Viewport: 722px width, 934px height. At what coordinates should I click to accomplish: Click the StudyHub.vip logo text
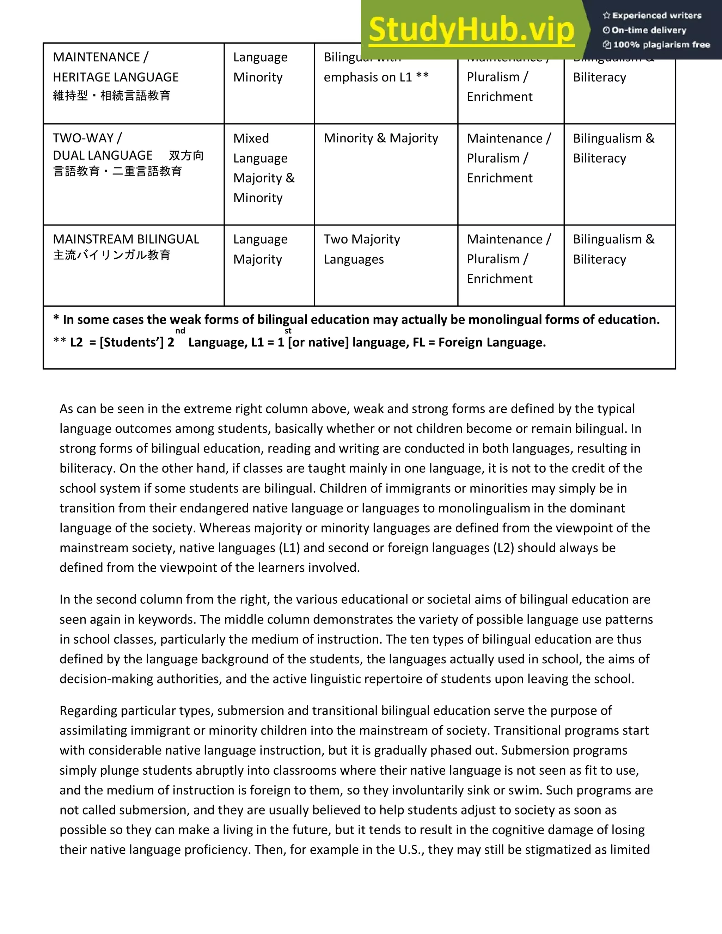click(471, 30)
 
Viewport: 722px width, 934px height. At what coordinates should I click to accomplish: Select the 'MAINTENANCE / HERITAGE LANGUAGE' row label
click(116, 67)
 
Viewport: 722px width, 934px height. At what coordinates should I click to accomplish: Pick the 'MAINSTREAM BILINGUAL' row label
click(126, 239)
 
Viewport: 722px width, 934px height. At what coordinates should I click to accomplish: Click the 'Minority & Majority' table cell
click(381, 138)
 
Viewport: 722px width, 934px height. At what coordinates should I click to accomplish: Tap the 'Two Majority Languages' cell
click(361, 249)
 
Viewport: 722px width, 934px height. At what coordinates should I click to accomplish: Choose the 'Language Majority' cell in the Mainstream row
click(260, 249)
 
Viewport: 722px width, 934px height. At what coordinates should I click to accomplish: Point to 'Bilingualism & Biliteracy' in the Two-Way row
click(613, 148)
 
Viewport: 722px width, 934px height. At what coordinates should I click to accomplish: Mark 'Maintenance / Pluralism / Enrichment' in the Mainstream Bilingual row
click(509, 259)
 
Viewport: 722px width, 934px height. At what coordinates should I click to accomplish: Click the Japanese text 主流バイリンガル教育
click(112, 255)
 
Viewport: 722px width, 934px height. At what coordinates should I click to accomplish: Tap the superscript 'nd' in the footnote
click(180, 331)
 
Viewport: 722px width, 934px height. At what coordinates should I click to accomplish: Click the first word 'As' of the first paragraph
click(66, 409)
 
